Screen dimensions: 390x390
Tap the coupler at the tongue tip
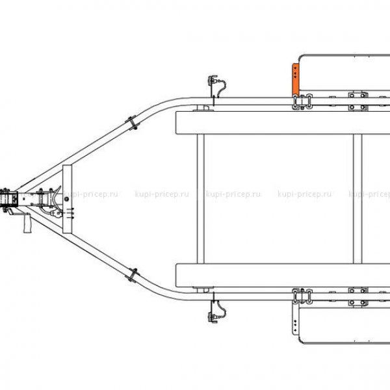tap(9, 200)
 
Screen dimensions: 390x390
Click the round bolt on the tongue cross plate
tap(66, 199)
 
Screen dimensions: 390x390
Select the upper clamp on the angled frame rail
tap(132, 122)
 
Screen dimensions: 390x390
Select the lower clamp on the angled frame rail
tap(132, 275)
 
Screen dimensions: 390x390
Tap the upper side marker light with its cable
tap(216, 86)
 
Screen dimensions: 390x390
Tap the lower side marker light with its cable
tap(216, 311)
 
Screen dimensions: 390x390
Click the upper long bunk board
tap(283, 123)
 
